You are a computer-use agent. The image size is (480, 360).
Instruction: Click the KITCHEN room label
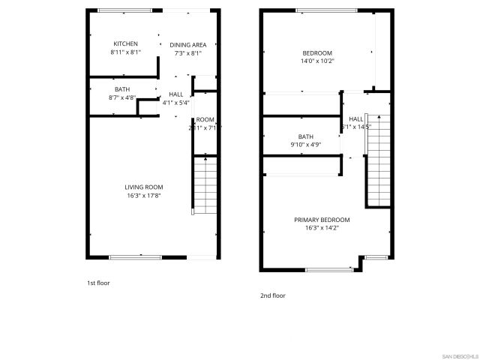click(125, 43)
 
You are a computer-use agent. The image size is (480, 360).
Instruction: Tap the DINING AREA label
click(188, 44)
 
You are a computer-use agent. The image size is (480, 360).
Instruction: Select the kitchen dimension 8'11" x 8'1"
click(125, 52)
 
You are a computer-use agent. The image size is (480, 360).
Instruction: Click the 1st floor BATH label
click(121, 88)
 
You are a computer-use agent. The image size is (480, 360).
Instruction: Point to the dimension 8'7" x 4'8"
click(121, 97)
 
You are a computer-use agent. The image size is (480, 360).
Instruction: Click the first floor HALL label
click(175, 94)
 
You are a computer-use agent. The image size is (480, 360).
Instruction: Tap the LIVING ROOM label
click(143, 187)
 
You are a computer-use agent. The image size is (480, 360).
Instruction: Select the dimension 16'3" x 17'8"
click(143, 196)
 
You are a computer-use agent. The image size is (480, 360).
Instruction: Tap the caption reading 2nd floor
click(272, 295)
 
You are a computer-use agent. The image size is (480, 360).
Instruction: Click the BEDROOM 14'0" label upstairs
click(316, 52)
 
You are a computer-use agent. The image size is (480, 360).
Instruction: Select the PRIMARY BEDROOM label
click(321, 219)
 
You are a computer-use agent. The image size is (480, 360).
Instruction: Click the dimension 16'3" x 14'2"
click(321, 228)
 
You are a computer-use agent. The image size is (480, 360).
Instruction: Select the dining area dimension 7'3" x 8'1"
click(188, 53)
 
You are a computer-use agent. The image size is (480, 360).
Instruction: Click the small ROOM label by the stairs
click(205, 119)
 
